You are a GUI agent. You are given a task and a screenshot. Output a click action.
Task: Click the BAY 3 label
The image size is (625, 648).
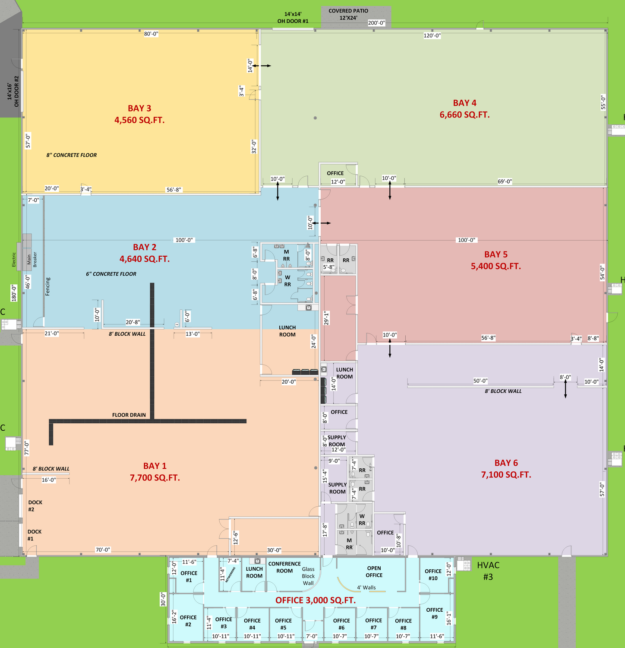point(139,108)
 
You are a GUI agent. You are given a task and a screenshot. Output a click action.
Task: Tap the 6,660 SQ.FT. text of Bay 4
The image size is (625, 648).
point(464,115)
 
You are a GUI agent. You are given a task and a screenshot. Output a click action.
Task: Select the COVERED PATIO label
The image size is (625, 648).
point(348,11)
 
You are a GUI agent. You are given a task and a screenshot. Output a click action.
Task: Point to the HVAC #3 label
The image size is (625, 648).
point(488,571)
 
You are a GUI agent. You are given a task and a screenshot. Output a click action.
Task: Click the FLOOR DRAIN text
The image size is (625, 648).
point(129,415)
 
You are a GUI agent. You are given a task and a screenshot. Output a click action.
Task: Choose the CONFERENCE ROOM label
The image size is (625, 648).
point(284,567)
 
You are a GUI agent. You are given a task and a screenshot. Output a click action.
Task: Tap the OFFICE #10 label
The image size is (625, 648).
point(433,575)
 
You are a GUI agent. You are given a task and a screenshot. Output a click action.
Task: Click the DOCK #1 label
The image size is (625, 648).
point(35,535)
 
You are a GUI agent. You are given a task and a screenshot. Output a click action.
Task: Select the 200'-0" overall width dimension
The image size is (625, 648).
point(376,23)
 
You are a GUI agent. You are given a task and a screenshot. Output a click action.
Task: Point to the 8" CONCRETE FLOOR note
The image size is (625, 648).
point(72,155)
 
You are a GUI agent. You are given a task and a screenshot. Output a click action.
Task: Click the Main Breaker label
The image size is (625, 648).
point(32,259)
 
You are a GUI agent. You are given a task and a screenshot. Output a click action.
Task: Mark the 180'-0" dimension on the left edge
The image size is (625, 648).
point(14,293)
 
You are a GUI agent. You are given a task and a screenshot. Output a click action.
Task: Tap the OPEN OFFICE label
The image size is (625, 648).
point(374,572)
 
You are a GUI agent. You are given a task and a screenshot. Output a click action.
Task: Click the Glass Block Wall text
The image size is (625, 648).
point(308,576)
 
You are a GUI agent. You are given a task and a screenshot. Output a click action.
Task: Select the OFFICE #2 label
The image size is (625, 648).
point(188,621)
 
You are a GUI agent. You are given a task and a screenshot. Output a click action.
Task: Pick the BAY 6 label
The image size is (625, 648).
point(506,463)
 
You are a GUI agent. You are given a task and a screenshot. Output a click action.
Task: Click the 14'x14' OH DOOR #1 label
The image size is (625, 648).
point(293,18)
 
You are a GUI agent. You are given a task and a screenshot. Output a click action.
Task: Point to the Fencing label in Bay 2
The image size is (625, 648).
point(47,286)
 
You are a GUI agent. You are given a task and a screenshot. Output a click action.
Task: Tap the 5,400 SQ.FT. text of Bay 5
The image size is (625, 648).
point(496,267)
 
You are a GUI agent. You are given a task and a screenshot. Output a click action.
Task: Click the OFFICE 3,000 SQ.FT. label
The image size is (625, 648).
point(316,600)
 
